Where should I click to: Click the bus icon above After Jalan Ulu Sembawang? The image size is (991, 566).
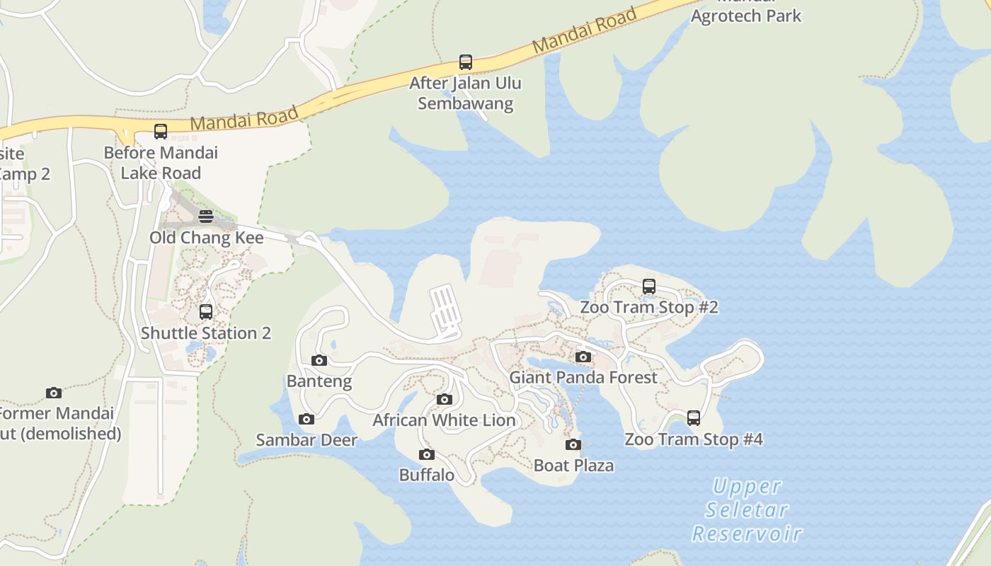pos(465,62)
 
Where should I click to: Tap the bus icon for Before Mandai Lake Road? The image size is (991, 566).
pos(161,132)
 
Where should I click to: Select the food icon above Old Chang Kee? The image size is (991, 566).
pos(206,216)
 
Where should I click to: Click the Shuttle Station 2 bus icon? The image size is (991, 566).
pos(206,312)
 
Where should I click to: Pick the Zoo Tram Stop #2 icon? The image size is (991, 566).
pos(649,287)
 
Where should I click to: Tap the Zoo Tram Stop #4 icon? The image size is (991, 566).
pos(694,418)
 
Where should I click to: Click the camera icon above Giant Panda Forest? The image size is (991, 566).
pos(583,357)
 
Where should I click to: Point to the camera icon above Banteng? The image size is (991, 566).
pos(319,361)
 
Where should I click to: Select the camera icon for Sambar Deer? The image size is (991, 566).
pos(307,420)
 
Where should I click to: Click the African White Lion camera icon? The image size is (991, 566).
pos(445,400)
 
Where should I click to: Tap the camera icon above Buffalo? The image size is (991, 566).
pos(426,455)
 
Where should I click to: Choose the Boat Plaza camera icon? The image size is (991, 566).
pos(573,445)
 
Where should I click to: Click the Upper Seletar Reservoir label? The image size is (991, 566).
pos(747,509)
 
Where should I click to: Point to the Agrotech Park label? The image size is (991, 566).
pos(746,16)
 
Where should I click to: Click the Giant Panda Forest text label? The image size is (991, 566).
pos(583,377)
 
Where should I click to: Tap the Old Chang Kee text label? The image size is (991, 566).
pos(206,238)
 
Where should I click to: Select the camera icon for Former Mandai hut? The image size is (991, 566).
pos(54,393)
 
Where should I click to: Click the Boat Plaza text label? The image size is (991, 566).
pos(573,466)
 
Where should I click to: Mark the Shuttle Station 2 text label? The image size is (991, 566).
pos(206,333)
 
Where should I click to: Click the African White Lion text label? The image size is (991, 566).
pos(445,420)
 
